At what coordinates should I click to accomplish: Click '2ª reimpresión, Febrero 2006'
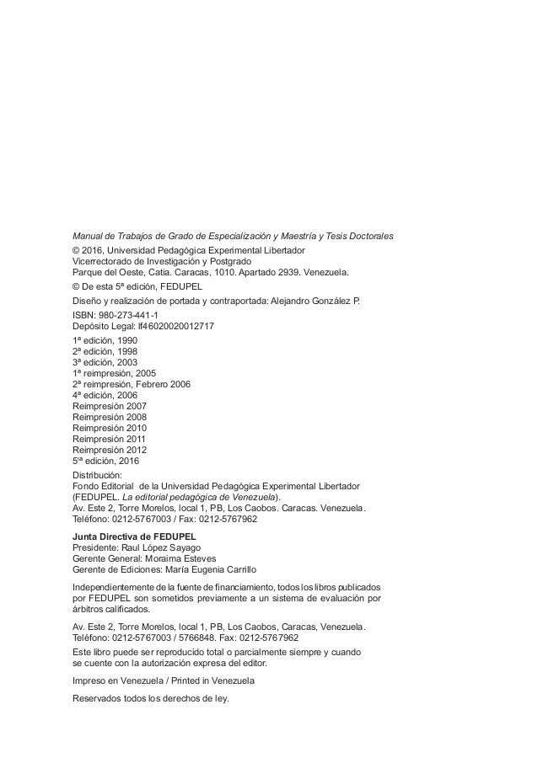pyautogui.click(x=132, y=384)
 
